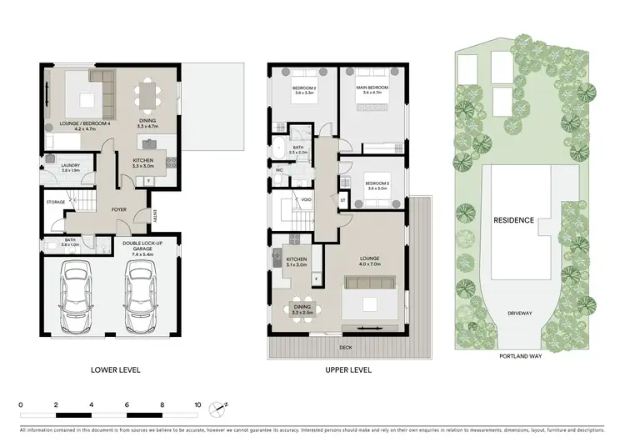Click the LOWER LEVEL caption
tap(117, 369)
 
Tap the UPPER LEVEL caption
tap(349, 369)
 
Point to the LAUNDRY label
tap(70, 167)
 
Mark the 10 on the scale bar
tap(197, 405)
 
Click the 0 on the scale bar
tap(20, 405)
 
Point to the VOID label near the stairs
tap(307, 200)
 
